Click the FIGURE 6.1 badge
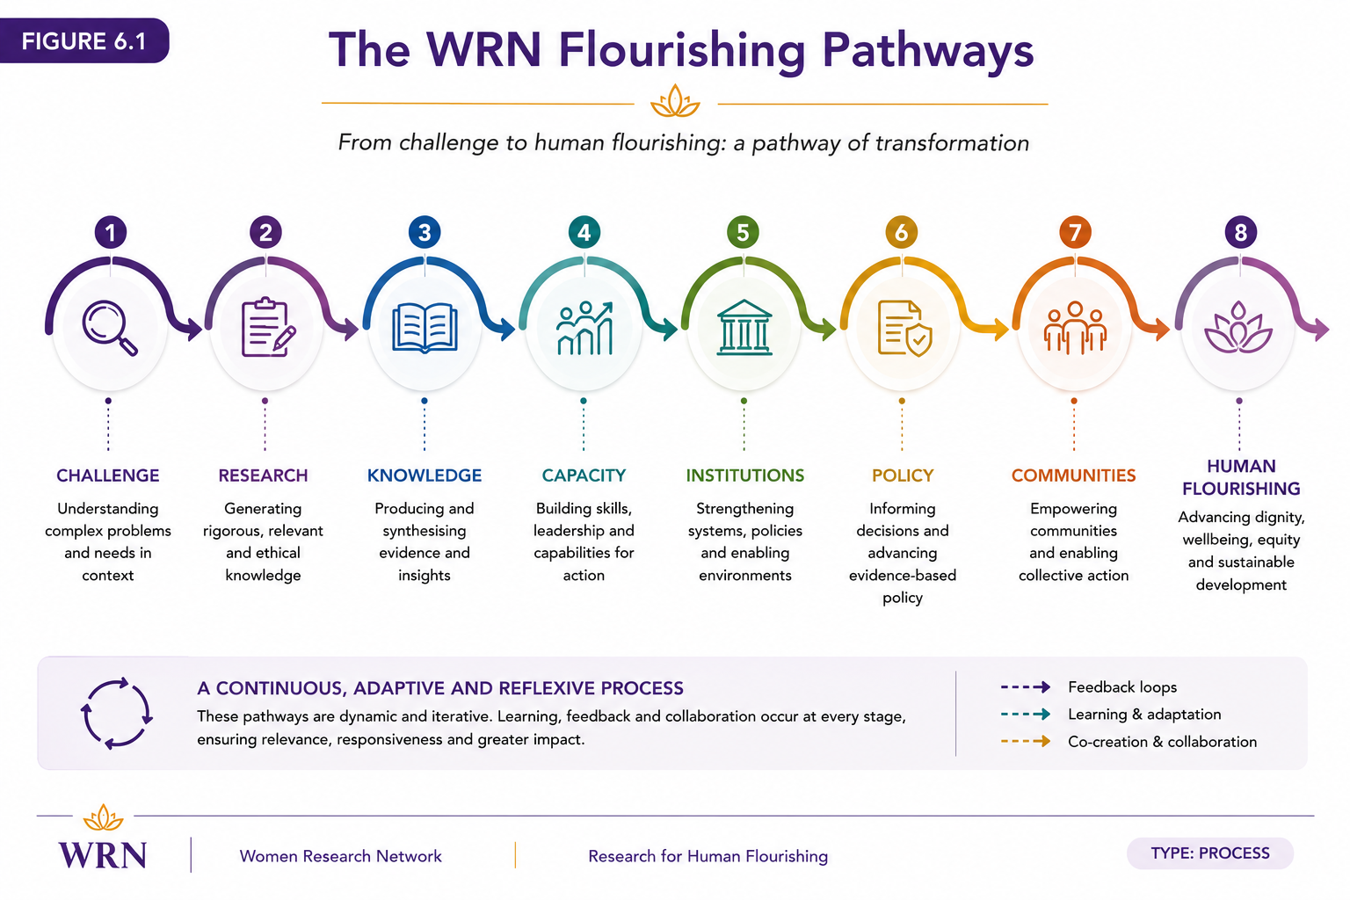pyautogui.click(x=83, y=41)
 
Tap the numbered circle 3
pyautogui.click(x=425, y=232)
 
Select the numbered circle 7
pyautogui.click(x=1075, y=232)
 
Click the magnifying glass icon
pyautogui.click(x=110, y=328)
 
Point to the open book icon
pyautogui.click(x=425, y=328)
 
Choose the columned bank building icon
pyautogui.click(x=744, y=327)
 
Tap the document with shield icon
pyautogui.click(x=904, y=329)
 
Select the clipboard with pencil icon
pyautogui.click(x=268, y=327)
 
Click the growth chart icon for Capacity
pyautogui.click(x=584, y=328)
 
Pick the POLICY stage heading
pyautogui.click(x=903, y=475)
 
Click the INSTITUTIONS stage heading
pyautogui.click(x=745, y=475)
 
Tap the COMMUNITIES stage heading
pyautogui.click(x=1073, y=475)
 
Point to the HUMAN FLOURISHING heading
pyautogui.click(x=1241, y=477)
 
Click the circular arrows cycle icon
pyautogui.click(x=116, y=713)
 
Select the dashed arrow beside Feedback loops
pyautogui.click(x=1025, y=687)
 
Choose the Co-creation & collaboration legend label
pyautogui.click(x=1162, y=742)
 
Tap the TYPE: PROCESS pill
pyautogui.click(x=1210, y=853)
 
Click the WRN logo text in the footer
pyautogui.click(x=103, y=855)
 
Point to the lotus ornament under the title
pyautogui.click(x=675, y=101)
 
